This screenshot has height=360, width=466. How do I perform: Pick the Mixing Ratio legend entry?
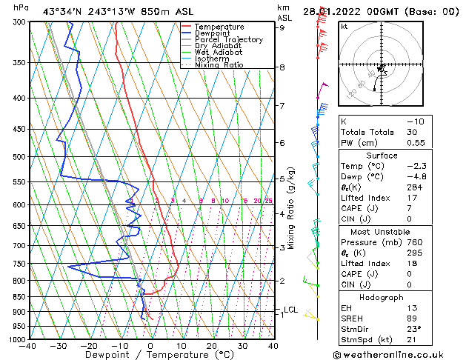219,65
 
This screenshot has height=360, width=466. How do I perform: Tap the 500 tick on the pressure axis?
18,157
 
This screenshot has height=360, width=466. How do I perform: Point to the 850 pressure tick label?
18,296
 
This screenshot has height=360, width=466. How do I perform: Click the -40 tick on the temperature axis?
29,345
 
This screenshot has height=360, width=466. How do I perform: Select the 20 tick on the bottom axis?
211,345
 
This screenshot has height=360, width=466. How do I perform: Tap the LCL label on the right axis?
290,310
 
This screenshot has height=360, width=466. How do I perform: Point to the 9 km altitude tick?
282,28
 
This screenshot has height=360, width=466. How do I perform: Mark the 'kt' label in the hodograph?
344,26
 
